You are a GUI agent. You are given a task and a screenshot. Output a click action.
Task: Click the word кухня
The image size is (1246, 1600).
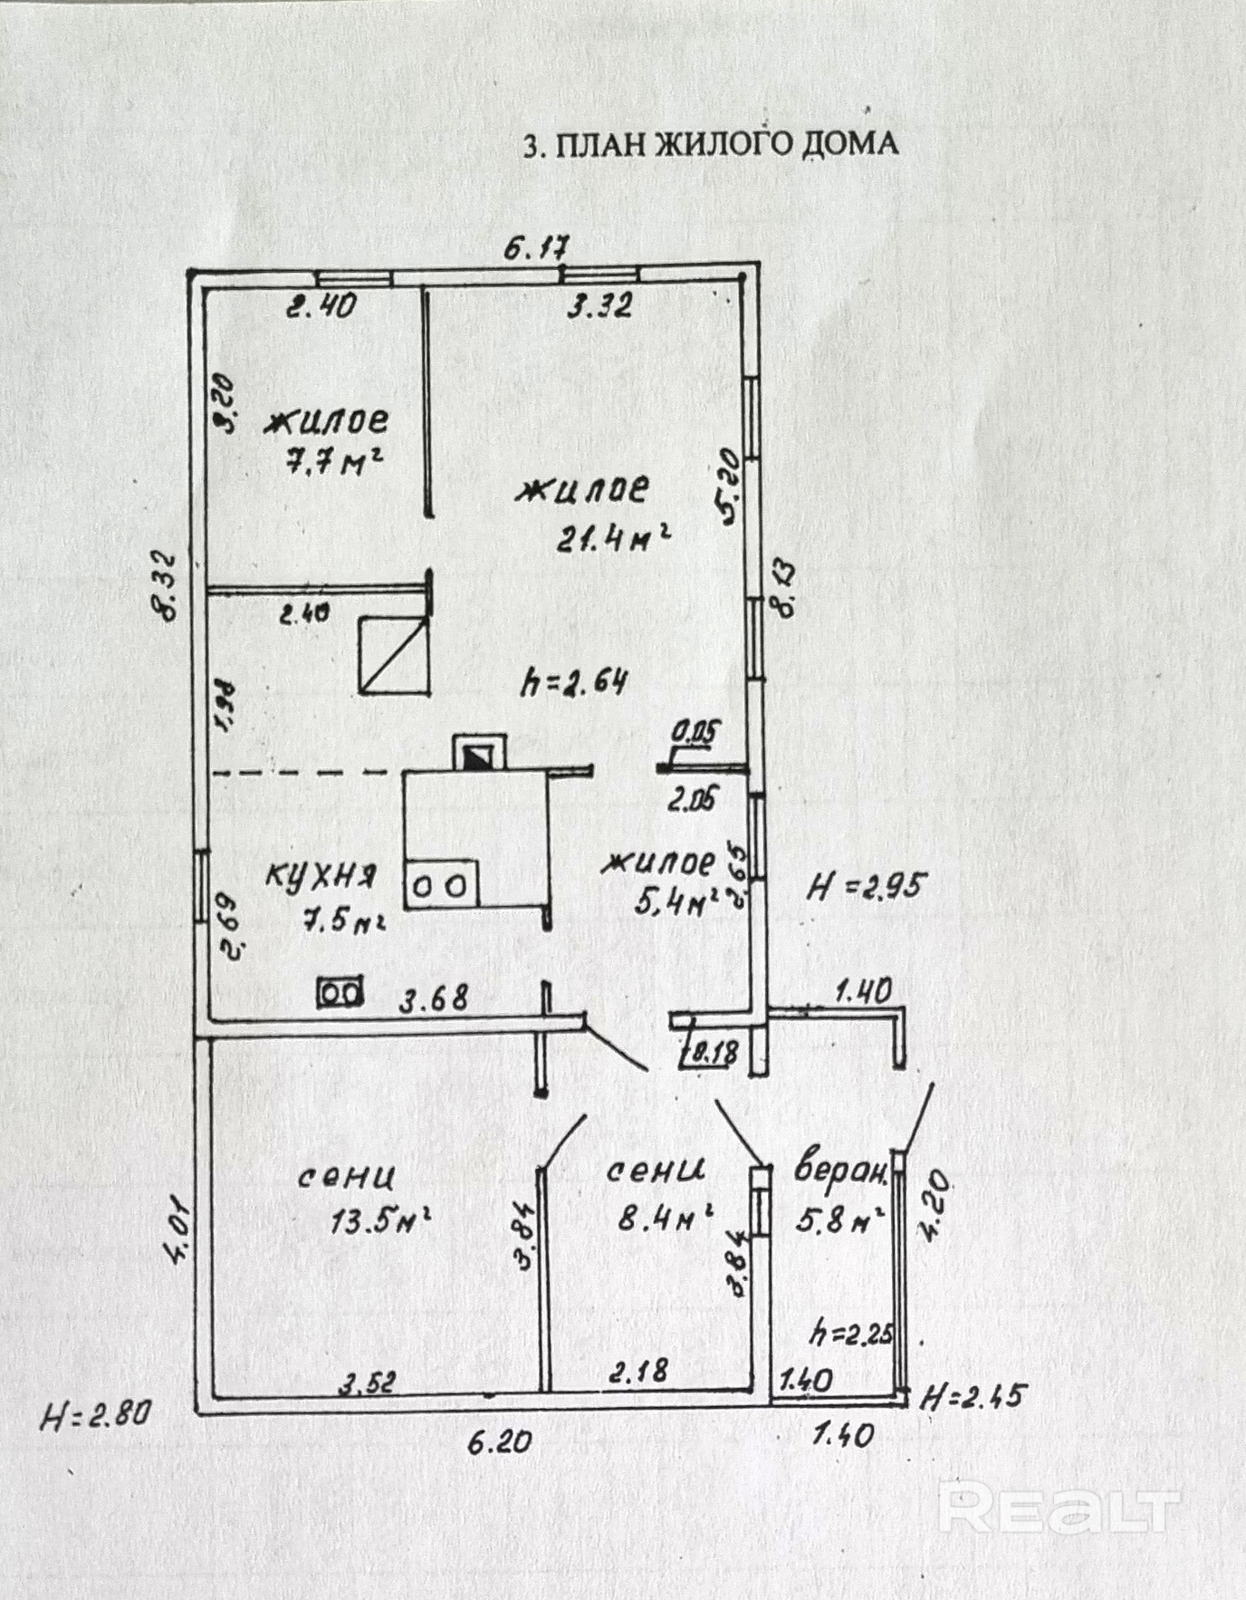coord(321,875)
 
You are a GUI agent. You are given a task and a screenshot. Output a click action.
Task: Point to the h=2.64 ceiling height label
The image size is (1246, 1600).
coord(574,681)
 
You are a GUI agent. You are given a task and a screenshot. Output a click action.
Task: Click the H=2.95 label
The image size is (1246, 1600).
coord(866,887)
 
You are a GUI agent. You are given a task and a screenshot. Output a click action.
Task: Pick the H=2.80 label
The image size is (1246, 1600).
coord(95,1413)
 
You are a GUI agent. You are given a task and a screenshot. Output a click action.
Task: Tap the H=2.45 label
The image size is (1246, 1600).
coord(973,1396)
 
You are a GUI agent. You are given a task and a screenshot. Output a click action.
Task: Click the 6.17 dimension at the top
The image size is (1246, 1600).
coord(536,248)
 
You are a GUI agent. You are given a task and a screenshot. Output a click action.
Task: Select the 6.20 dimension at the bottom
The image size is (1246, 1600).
coord(499,1441)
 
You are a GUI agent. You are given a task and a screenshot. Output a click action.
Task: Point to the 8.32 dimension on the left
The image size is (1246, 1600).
coord(168,585)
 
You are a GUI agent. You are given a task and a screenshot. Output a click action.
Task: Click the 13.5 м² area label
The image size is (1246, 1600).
coord(379,1221)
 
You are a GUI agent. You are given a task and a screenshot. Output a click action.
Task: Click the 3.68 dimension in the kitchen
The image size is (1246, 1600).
coord(435,998)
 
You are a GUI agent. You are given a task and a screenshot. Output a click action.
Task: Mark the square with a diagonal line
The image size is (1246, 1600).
coord(394,654)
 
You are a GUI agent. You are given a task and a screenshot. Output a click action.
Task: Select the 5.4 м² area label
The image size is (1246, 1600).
coord(675,901)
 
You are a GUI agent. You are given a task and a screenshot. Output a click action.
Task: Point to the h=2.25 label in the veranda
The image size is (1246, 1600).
coord(850,1333)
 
